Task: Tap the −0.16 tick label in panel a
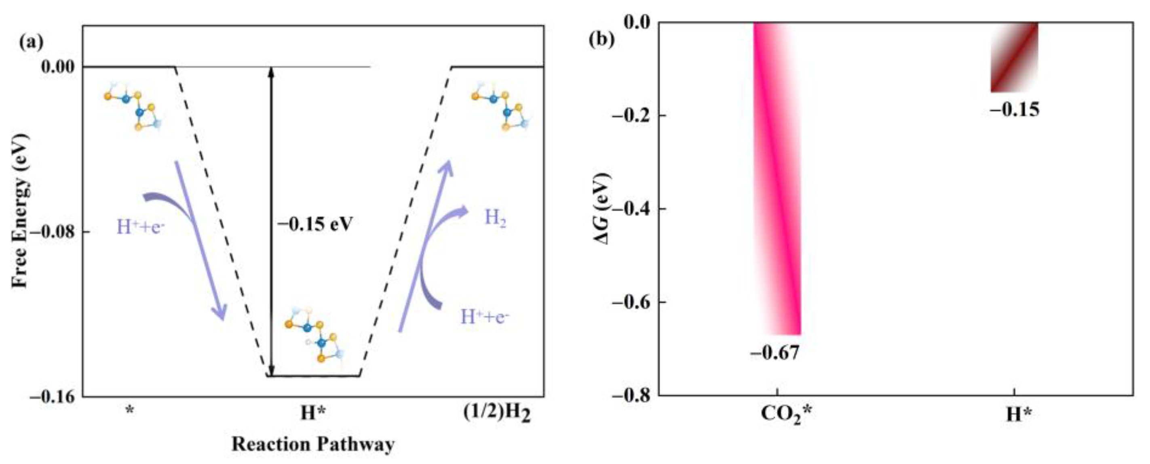click(x=54, y=396)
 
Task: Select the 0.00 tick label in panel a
click(x=58, y=67)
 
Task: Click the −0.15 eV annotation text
click(x=315, y=224)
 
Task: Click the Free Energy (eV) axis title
click(x=21, y=210)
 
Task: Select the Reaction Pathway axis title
click(x=313, y=444)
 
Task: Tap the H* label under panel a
click(x=312, y=413)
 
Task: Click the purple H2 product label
click(x=496, y=218)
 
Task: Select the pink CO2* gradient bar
click(x=777, y=178)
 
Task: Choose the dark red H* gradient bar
click(x=1014, y=57)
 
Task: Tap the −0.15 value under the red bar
click(x=1014, y=109)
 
